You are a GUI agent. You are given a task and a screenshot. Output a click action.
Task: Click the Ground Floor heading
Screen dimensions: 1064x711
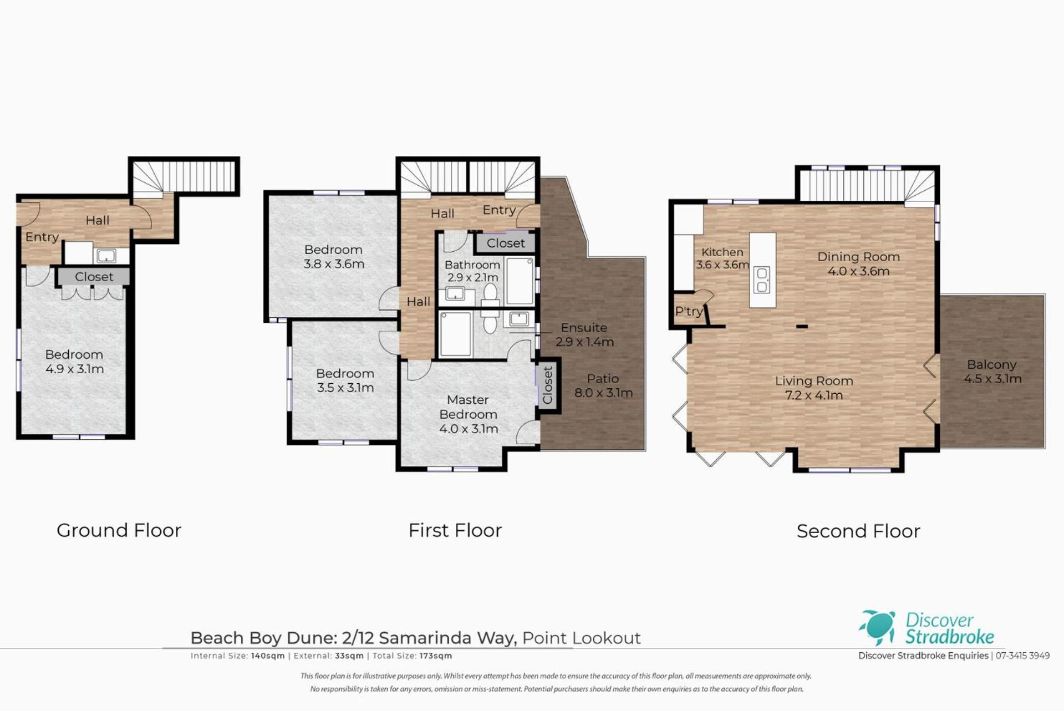pyautogui.click(x=119, y=531)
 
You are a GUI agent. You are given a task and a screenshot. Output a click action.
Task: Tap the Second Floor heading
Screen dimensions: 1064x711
pyautogui.click(x=858, y=531)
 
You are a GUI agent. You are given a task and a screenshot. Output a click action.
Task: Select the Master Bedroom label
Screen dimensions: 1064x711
pyautogui.click(x=468, y=407)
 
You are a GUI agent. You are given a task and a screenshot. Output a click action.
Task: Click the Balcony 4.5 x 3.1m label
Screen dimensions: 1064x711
pyautogui.click(x=992, y=372)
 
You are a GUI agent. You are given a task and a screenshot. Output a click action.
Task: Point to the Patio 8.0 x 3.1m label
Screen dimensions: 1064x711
pyautogui.click(x=603, y=385)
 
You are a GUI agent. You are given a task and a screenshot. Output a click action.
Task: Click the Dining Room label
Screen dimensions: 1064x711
pyautogui.click(x=858, y=257)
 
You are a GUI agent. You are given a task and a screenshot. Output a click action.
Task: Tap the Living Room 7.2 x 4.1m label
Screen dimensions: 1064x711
pyautogui.click(x=814, y=388)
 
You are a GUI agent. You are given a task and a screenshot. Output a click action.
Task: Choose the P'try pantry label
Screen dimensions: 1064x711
pyautogui.click(x=689, y=312)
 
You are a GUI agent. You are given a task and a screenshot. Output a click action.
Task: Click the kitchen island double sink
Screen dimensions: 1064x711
pyautogui.click(x=762, y=280)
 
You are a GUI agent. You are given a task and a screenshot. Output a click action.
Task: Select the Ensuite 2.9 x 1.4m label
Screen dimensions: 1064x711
pyautogui.click(x=584, y=334)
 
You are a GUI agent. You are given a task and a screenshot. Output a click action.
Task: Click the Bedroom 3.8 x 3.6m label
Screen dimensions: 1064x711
pyautogui.click(x=333, y=257)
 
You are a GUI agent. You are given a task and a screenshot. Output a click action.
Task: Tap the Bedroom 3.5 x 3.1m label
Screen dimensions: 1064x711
pyautogui.click(x=345, y=380)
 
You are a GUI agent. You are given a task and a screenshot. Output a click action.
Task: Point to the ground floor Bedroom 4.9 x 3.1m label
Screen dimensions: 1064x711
pyautogui.click(x=74, y=362)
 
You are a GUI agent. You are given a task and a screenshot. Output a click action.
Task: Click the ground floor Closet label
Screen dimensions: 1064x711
pyautogui.click(x=94, y=277)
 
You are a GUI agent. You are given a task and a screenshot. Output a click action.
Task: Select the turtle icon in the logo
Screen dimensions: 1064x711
pyautogui.click(x=877, y=628)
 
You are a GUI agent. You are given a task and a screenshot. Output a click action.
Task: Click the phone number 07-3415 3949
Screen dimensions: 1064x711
pyautogui.click(x=1022, y=656)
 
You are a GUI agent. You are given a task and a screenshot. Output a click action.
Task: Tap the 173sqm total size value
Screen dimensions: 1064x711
pyautogui.click(x=436, y=656)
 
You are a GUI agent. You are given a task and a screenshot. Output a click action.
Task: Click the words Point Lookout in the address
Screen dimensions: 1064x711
pyautogui.click(x=581, y=638)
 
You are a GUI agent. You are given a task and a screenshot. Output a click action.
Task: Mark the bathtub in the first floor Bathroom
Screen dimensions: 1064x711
pyautogui.click(x=520, y=281)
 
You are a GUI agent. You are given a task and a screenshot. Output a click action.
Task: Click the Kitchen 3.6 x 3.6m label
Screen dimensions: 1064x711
pyautogui.click(x=722, y=258)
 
